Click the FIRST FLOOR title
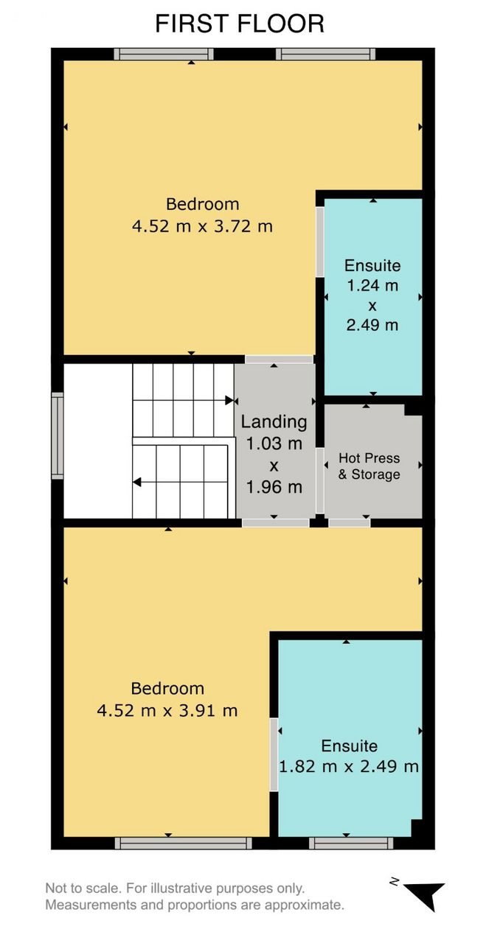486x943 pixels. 240,24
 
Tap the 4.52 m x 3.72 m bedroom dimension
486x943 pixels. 202,226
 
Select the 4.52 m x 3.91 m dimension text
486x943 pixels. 167,711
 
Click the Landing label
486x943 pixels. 274,422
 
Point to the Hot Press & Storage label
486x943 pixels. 369,466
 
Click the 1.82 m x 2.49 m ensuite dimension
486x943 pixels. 349,767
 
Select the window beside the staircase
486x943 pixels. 58,435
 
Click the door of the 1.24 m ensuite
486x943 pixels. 320,242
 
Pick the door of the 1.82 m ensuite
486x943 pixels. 274,754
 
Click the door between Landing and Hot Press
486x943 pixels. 320,481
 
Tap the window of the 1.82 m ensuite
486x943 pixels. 351,844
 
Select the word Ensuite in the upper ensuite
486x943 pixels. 372,266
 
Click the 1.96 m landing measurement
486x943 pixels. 274,488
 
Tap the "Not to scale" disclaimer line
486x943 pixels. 175,888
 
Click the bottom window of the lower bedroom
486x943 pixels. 184,844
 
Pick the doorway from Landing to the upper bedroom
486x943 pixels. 279,359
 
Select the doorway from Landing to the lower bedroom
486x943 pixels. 276,523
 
